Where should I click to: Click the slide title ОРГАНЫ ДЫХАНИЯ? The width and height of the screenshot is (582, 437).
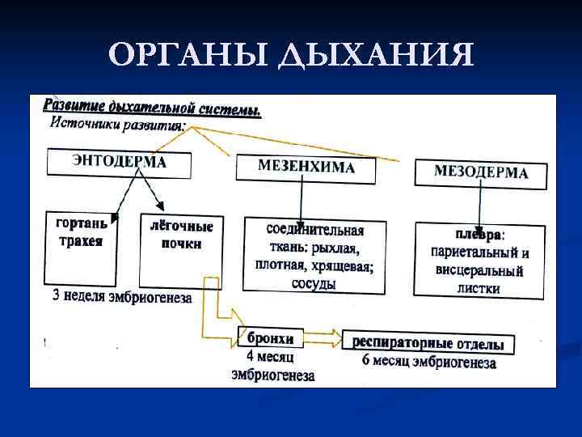coord(291,56)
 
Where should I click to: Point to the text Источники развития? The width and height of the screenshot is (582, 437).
coord(118,125)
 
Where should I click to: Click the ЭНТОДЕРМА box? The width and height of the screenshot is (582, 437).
coord(120,163)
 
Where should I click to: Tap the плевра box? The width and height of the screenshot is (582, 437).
coord(479,259)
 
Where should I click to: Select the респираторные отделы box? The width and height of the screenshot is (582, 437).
coord(428,343)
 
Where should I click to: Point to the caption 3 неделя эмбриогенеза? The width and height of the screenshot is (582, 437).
coord(122,298)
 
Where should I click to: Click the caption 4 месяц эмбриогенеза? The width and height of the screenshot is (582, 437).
coord(271,365)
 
